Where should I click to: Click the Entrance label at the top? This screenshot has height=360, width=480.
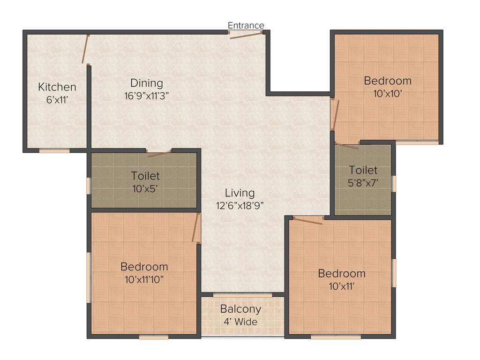pyautogui.click(x=246, y=25)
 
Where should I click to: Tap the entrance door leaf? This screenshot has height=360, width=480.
pyautogui.click(x=246, y=36)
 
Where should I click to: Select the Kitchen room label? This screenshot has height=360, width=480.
pyautogui.click(x=57, y=87)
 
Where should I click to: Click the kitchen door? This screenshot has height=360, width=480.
pyautogui.click(x=85, y=49)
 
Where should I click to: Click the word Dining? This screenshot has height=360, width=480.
pyautogui.click(x=147, y=83)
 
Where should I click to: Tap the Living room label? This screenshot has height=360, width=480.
pyautogui.click(x=240, y=193)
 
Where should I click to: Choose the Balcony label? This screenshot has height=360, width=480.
pyautogui.click(x=240, y=309)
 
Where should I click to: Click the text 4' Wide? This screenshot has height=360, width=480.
pyautogui.click(x=240, y=322)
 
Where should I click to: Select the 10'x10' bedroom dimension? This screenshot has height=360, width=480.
pyautogui.click(x=388, y=93)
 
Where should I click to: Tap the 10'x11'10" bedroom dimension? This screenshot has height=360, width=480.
pyautogui.click(x=144, y=279)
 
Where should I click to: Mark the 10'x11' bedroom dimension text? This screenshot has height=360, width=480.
pyautogui.click(x=341, y=285)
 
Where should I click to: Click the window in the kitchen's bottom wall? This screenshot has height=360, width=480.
pyautogui.click(x=54, y=150)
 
